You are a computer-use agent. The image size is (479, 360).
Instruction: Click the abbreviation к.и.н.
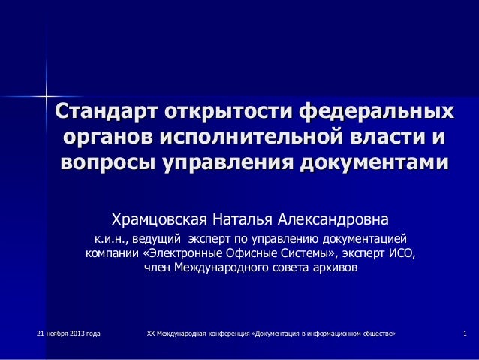[110, 239]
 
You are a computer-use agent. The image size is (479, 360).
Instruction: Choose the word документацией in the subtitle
[364, 239]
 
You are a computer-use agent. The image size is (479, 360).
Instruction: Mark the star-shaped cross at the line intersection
[46, 95]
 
